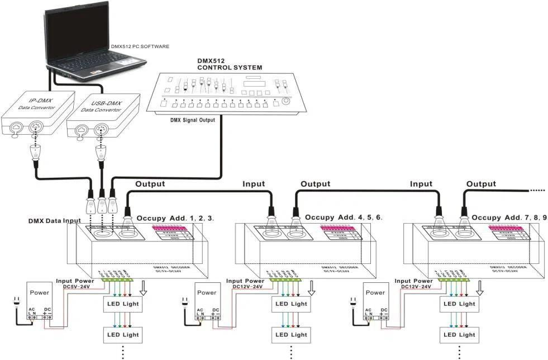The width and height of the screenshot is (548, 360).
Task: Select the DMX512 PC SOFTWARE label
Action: [140, 46]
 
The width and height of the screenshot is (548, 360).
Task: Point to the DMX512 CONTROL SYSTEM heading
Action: [230, 64]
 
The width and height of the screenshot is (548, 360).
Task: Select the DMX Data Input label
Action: [55, 221]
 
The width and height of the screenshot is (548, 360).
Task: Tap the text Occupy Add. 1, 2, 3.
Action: [175, 217]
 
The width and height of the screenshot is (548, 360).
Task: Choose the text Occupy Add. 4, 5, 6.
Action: [344, 217]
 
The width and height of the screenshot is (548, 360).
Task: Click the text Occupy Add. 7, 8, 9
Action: [509, 217]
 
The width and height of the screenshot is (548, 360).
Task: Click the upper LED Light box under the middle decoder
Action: [291, 304]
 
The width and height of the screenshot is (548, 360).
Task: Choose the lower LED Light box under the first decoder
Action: [123, 335]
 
